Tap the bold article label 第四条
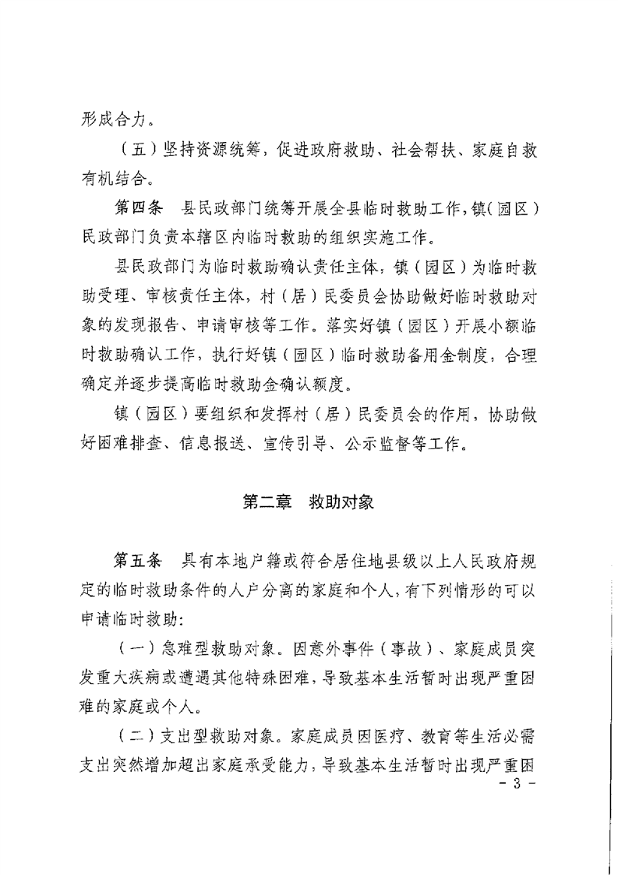coord(139,210)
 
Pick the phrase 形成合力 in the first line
coord(116,121)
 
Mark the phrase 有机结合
coord(116,181)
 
